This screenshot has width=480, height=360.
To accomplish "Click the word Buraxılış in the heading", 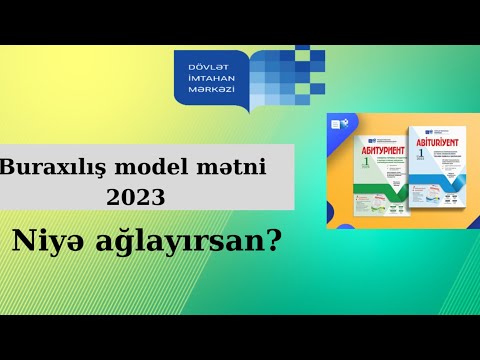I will (x=53, y=165).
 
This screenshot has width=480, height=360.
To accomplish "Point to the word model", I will (x=163, y=165).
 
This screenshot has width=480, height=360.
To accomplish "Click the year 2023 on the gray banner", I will (x=140, y=195).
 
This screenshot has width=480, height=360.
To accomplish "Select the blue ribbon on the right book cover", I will (x=440, y=180).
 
